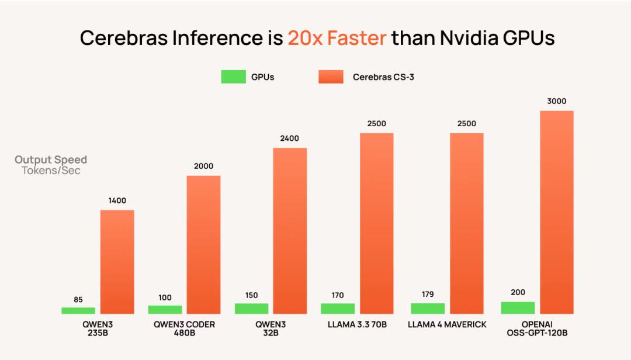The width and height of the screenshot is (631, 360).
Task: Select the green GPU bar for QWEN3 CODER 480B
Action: tap(165, 309)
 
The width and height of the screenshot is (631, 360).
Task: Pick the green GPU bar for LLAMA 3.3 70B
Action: tap(338, 309)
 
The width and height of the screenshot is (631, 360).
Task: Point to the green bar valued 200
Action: tap(518, 307)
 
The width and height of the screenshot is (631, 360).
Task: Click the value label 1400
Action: tap(117, 200)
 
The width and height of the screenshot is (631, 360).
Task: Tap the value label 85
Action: tap(78, 299)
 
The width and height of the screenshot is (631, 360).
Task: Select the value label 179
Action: tap(428, 295)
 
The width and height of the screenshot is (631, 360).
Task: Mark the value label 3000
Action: tap(557, 101)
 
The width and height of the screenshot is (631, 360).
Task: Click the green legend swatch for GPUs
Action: tap(233, 77)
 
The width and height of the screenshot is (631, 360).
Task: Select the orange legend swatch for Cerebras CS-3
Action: tap(331, 77)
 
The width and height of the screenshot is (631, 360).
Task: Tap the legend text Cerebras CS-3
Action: tap(383, 77)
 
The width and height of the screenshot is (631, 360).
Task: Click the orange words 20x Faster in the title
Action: tap(337, 38)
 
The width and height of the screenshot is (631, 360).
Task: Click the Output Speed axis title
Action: tap(51, 160)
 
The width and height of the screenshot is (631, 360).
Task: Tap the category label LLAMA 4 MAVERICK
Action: tap(448, 324)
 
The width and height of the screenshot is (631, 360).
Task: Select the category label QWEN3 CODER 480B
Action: tap(184, 328)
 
